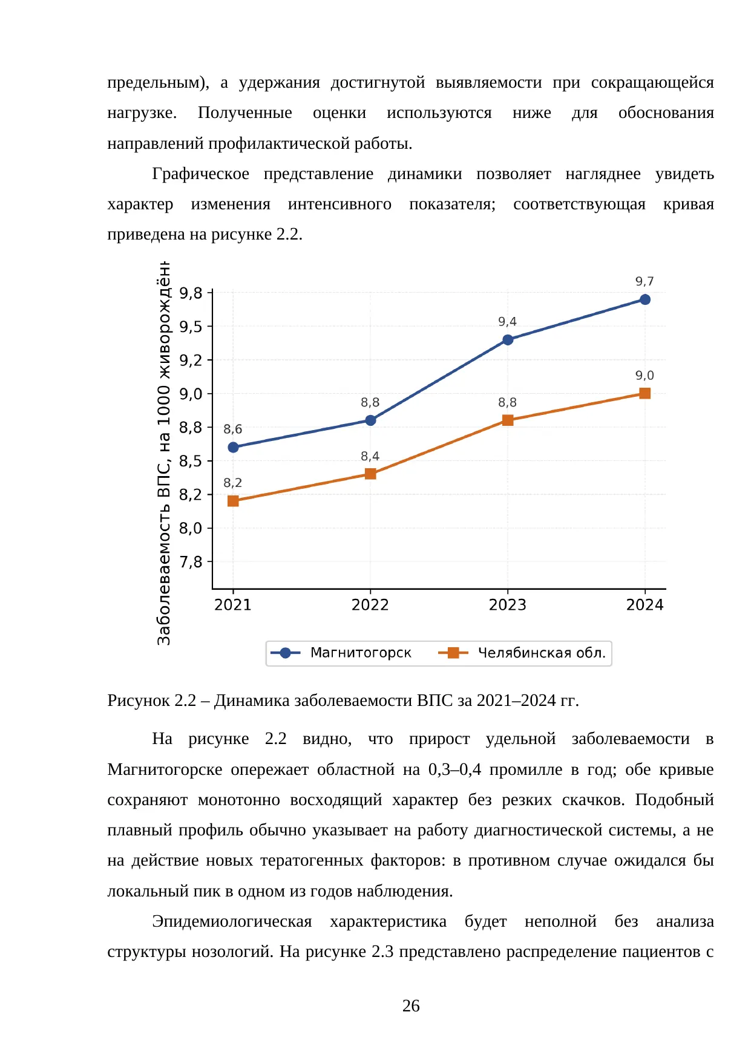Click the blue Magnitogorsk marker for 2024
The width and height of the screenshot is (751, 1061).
coord(645,299)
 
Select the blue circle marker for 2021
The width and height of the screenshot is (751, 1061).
coord(233,447)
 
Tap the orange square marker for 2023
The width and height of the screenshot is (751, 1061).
coord(508,420)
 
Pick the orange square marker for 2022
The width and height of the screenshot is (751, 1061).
coord(370,474)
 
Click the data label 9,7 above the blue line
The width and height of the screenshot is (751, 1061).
coord(644,281)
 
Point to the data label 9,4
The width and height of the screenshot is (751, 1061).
coord(507,321)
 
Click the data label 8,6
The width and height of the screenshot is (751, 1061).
coord(232,429)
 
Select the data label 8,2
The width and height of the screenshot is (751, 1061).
coord(232,483)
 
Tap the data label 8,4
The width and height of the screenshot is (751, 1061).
coord(370,456)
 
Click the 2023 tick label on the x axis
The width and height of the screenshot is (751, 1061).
coord(508,605)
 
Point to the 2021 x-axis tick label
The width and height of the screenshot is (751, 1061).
coord(233,605)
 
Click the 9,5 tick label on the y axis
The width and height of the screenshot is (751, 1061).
coord(191,327)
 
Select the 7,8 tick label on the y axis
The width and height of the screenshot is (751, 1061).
coord(191,562)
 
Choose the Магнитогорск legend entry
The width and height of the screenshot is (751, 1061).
coord(341,653)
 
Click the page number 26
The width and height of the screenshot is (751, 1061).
coord(411,1006)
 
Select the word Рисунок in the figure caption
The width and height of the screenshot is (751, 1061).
coord(139,700)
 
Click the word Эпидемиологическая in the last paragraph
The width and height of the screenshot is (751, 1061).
coord(232,921)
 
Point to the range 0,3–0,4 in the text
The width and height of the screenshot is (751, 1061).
coord(455,769)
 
